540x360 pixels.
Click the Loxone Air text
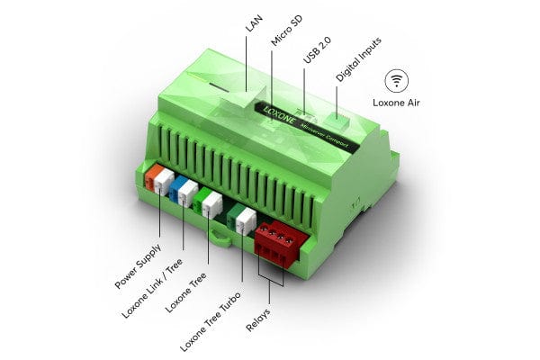click(x=394, y=103)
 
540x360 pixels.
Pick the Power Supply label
click(x=138, y=266)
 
